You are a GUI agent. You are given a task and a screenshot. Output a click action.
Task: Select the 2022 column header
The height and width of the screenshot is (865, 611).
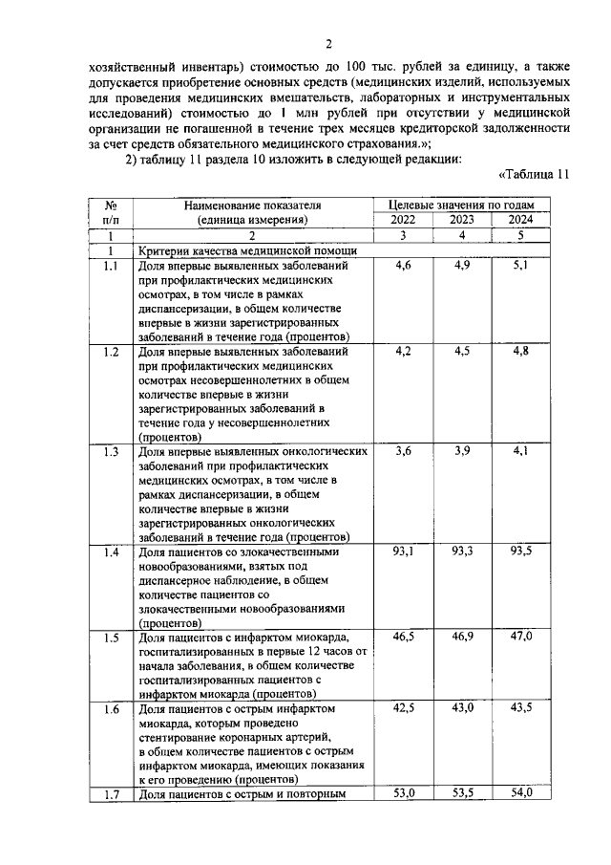pyautogui.click(x=402, y=219)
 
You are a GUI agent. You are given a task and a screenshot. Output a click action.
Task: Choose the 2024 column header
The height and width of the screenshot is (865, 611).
pyautogui.click(x=521, y=219)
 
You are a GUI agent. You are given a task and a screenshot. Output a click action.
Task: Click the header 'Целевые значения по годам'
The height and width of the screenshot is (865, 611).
pyautogui.click(x=461, y=205)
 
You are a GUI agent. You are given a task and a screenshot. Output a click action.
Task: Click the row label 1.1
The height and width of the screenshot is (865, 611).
pyautogui.click(x=111, y=266)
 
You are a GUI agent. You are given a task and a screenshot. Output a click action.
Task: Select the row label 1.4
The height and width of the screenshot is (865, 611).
pyautogui.click(x=111, y=551)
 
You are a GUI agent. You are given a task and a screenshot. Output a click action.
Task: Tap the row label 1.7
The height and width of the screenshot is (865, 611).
pyautogui.click(x=111, y=793)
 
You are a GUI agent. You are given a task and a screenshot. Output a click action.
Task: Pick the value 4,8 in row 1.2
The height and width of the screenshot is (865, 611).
pyautogui.click(x=521, y=352)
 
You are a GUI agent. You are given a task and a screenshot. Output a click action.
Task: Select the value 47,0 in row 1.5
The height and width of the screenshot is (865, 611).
pyautogui.click(x=521, y=637)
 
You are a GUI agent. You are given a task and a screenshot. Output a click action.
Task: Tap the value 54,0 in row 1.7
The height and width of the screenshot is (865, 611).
pyautogui.click(x=521, y=793)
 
